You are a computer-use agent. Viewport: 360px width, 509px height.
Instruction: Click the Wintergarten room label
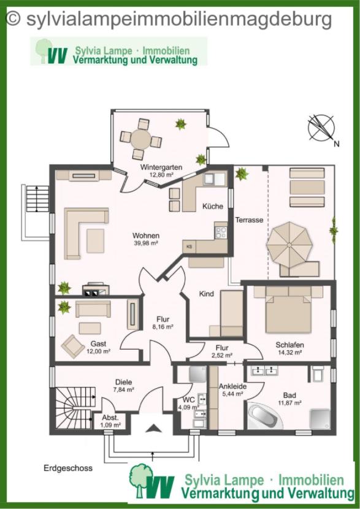pos(161,167)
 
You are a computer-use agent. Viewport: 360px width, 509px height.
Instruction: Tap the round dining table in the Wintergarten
pos(141,139)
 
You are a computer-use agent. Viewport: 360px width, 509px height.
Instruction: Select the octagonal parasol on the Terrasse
pos(289,244)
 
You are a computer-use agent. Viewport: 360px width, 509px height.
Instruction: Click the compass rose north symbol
pos(321,128)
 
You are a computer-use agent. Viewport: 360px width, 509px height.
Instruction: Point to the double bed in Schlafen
pos(288,310)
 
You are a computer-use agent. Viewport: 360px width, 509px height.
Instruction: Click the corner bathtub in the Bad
pos(264,416)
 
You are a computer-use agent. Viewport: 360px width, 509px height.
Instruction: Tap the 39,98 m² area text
pos(146,243)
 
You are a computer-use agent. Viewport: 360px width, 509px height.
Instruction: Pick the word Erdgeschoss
pos(68,468)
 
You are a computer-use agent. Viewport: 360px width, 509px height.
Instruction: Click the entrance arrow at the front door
pos(153,429)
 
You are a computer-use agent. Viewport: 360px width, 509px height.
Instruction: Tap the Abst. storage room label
pos(110,418)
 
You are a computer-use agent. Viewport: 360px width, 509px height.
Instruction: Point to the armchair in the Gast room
pos(73,346)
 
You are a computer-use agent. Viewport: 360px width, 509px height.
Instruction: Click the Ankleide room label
pos(232,386)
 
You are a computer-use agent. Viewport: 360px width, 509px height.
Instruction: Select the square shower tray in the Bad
pos(320,419)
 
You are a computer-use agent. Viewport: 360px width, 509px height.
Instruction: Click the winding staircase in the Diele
pos(74,408)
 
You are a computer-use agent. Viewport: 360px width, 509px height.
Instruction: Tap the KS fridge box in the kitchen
pos(189,247)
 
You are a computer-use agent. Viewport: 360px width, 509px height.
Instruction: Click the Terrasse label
pos(249,220)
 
